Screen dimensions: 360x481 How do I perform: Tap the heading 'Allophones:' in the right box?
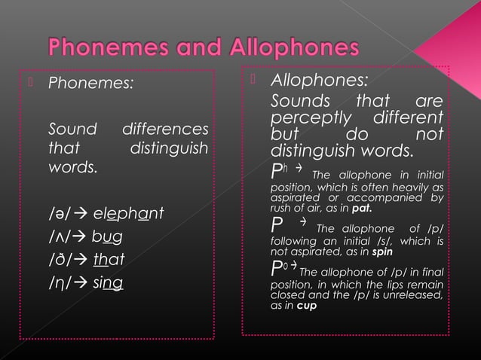click(x=320, y=81)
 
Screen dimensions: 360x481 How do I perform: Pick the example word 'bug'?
click(x=107, y=236)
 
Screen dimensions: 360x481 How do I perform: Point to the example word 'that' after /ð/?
click(x=109, y=260)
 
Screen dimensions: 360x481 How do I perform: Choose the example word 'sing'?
click(x=109, y=283)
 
